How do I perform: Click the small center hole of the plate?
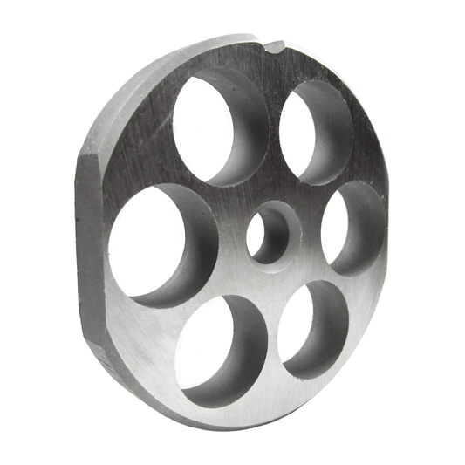(269, 234)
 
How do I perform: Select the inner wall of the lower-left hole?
(248, 349)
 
